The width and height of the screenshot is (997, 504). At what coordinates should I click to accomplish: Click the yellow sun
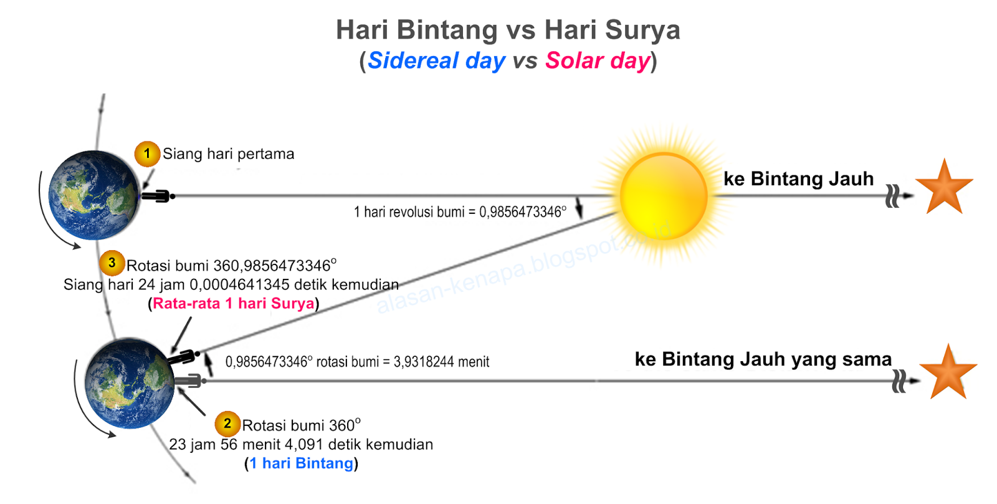pyautogui.click(x=664, y=196)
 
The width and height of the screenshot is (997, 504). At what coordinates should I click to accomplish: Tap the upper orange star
pyautogui.click(x=944, y=188)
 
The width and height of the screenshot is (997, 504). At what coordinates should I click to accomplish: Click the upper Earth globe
pyautogui.click(x=94, y=195)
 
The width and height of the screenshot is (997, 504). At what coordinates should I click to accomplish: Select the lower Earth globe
pyautogui.click(x=130, y=383)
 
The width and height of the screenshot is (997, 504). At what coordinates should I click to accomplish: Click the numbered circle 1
pyautogui.click(x=147, y=153)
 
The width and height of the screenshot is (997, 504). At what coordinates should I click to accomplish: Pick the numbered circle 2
pyautogui.click(x=227, y=424)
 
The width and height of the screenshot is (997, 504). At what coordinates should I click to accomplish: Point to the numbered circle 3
pyautogui.click(x=112, y=263)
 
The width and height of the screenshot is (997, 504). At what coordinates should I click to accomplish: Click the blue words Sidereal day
pyautogui.click(x=436, y=61)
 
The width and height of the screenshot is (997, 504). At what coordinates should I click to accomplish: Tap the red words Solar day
pyautogui.click(x=598, y=61)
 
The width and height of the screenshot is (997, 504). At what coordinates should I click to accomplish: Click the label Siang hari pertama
pyautogui.click(x=228, y=154)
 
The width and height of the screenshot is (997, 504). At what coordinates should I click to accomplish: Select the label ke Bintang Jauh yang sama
pyautogui.click(x=763, y=359)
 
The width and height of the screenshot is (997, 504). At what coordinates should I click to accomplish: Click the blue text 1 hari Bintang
pyautogui.click(x=301, y=463)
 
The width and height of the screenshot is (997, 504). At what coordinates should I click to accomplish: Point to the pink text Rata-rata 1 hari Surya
pyautogui.click(x=233, y=304)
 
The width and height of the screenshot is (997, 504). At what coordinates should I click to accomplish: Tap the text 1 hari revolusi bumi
pyautogui.click(x=408, y=212)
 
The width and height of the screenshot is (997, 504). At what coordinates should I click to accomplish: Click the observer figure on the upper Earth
pyautogui.click(x=158, y=196)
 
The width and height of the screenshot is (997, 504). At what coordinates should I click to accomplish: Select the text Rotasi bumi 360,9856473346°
pyautogui.click(x=231, y=266)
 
